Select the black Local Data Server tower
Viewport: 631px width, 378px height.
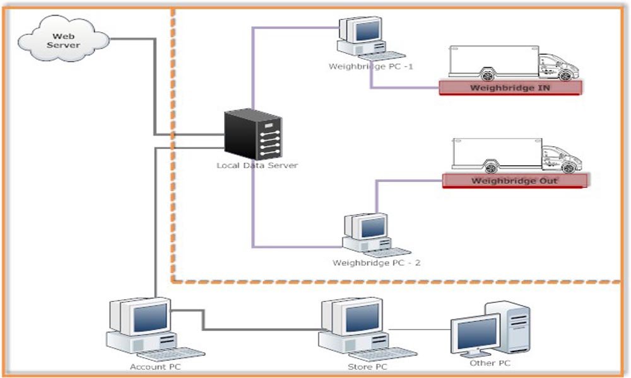pos(254,135)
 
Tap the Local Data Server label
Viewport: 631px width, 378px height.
pos(257,166)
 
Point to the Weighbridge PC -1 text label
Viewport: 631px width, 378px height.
pos(371,66)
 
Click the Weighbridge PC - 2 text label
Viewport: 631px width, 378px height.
pos(376,262)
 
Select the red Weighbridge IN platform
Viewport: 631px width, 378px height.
pos(510,88)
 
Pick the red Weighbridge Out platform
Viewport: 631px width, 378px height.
pos(514,181)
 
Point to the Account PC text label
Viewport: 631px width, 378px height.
pos(150,366)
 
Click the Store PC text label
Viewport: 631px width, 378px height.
pos(368,366)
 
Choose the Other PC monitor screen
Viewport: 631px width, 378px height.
pos(477,331)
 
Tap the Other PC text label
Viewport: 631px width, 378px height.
pos(490,364)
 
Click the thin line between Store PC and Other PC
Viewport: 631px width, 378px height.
pos(420,329)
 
